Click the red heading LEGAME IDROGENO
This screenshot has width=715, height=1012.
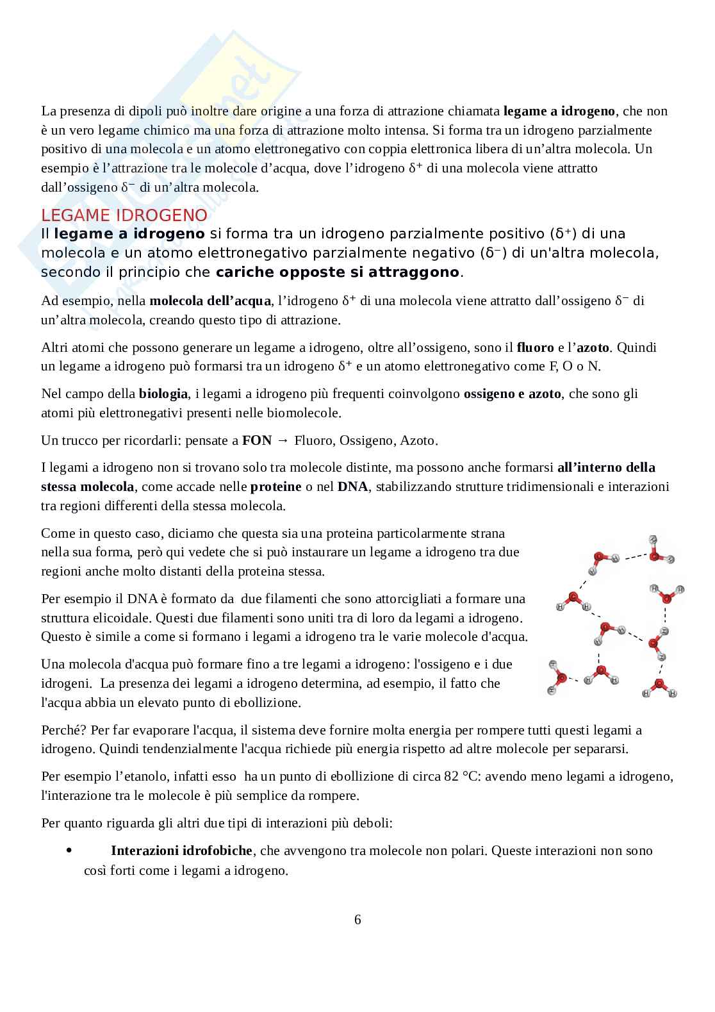(x=124, y=215)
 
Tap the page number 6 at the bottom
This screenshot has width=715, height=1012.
(x=357, y=920)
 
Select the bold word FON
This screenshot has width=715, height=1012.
(x=257, y=440)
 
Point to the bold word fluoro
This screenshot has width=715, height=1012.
(x=535, y=347)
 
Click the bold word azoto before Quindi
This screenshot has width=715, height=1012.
(x=593, y=347)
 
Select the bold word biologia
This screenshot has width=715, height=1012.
(x=163, y=394)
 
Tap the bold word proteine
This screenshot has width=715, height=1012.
(x=275, y=486)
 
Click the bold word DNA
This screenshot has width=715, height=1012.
(x=352, y=486)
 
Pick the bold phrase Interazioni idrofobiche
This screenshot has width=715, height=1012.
(x=181, y=850)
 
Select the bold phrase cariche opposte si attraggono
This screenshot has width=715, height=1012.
(x=338, y=272)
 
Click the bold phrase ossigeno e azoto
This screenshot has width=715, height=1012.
(x=513, y=394)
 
